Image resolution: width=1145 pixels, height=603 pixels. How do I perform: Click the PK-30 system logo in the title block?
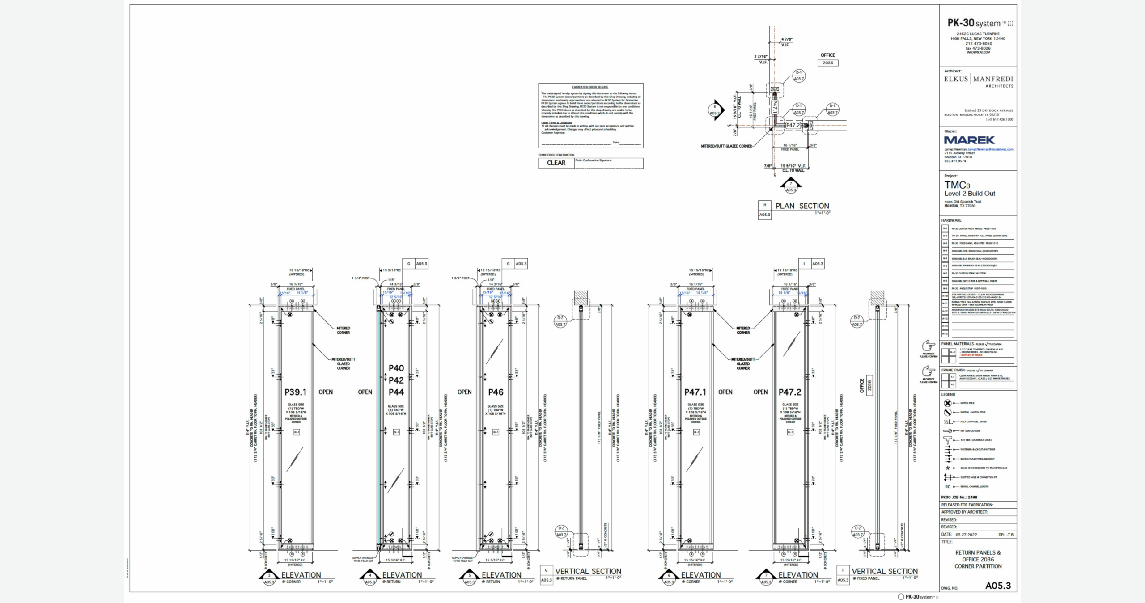[x=980, y=23]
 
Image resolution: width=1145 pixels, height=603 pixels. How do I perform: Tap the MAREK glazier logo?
[x=969, y=140]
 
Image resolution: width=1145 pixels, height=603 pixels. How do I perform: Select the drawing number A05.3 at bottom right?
[x=998, y=586]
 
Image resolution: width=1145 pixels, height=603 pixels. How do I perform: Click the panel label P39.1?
[x=296, y=392]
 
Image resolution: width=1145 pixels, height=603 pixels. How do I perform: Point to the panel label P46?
[x=496, y=392]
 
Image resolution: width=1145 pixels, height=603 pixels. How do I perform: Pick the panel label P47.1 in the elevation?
[x=695, y=392]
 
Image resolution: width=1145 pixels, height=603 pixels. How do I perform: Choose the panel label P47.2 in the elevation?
[x=790, y=392]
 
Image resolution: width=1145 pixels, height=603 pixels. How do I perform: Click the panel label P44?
[x=396, y=392]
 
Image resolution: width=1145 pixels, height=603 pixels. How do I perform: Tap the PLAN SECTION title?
[x=802, y=206]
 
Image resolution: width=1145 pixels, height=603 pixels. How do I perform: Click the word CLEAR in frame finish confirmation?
[x=556, y=163]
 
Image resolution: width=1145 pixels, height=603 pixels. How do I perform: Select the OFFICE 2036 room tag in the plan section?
[x=828, y=59]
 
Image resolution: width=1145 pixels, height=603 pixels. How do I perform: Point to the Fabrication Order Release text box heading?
[x=590, y=87]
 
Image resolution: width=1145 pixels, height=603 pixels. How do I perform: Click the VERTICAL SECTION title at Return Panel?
[x=588, y=571]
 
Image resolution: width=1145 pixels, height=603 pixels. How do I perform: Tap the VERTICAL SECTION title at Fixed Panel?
[x=884, y=571]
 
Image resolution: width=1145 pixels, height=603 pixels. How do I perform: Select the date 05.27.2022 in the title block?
[x=966, y=535]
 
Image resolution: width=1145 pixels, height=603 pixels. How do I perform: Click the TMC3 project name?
[x=957, y=185]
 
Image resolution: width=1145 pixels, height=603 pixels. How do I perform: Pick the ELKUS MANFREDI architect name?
[x=979, y=80]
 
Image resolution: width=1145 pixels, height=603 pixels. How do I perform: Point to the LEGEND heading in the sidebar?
[x=948, y=395]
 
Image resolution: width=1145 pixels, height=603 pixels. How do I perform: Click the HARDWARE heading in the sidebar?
[x=951, y=220]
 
